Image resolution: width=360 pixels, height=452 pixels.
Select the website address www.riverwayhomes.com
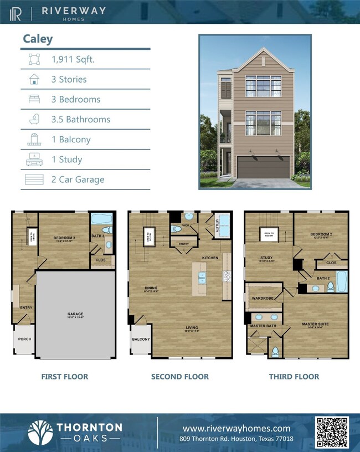(x=236, y=428)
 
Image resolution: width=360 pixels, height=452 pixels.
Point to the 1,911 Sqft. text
(x=73, y=59)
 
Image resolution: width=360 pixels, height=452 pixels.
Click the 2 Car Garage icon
(x=34, y=179)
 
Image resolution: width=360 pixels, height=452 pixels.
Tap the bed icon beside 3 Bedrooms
(x=34, y=99)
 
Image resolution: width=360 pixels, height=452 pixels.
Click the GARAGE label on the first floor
(x=75, y=314)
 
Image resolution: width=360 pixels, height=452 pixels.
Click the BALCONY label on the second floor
(x=141, y=340)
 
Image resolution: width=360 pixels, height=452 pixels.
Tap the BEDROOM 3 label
(x=64, y=238)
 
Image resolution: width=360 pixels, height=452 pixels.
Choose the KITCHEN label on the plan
(x=210, y=258)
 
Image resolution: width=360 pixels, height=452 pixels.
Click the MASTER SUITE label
(x=315, y=324)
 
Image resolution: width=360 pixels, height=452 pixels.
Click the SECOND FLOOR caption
(x=179, y=377)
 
